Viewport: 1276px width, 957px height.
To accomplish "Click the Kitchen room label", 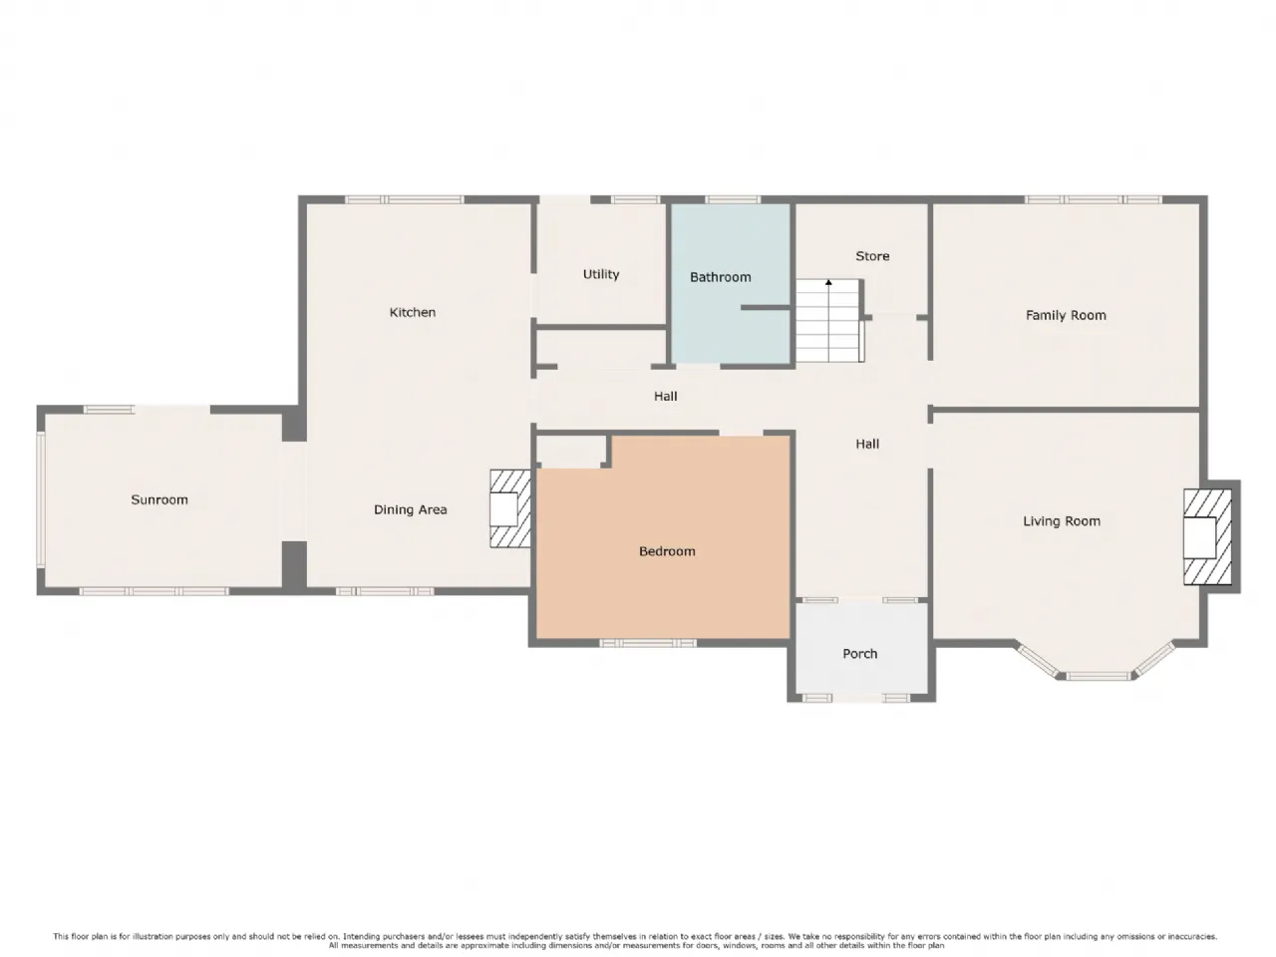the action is point(412,313).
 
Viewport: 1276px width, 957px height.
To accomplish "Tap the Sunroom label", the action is point(159,499).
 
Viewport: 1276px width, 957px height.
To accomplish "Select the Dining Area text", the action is point(410,509).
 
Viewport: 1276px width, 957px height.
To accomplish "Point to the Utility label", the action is point(600,274).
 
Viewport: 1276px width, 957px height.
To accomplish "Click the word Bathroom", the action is point(721,277).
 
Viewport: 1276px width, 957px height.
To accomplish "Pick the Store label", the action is point(872,256).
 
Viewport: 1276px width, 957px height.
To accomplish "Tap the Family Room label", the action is point(1065,316).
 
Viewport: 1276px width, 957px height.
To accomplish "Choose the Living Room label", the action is point(1062,521).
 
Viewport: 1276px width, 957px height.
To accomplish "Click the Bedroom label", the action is point(667,551).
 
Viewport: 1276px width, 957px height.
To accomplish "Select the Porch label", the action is point(859,654).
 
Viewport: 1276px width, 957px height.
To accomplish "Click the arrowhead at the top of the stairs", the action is point(828,282).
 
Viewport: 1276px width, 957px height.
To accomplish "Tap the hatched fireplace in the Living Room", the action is point(1207,537).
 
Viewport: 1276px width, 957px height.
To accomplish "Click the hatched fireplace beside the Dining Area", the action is point(509,508).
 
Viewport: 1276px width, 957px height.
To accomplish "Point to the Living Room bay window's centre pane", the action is point(1097,676).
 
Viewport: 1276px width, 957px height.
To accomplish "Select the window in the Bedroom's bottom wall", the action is point(648,643).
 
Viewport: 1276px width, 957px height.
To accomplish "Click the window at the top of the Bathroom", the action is point(733,199).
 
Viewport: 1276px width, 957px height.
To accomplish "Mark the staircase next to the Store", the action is point(829,320).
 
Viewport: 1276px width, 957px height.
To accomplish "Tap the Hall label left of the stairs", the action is point(665,397).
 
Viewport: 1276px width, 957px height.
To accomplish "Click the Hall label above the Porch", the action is point(866,444).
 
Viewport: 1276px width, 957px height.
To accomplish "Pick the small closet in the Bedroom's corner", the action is point(571,452).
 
